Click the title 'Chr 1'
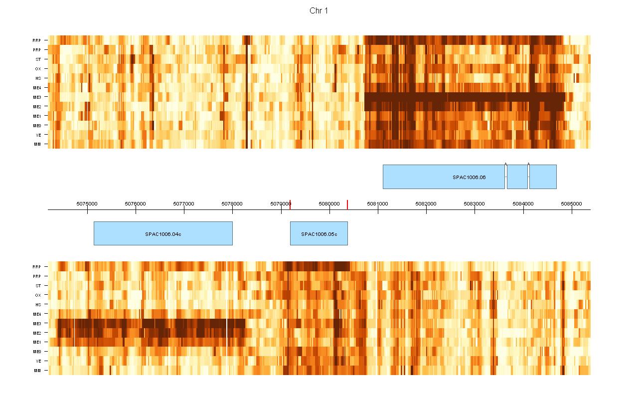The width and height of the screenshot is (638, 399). click(x=319, y=11)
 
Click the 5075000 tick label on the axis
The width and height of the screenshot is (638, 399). click(x=87, y=203)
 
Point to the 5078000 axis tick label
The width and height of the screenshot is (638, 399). click(x=232, y=203)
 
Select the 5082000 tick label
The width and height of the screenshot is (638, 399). click(x=426, y=203)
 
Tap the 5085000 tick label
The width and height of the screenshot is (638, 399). click(x=571, y=203)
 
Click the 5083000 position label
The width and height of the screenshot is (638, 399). click(x=475, y=203)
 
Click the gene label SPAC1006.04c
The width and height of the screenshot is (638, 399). click(x=163, y=234)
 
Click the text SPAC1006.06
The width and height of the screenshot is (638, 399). click(x=469, y=177)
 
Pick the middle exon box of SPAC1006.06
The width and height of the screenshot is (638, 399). click(x=517, y=177)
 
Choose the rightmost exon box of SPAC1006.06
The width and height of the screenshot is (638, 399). click(x=543, y=177)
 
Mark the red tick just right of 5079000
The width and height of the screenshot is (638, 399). click(x=290, y=204)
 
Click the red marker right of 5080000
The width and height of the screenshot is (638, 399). click(x=347, y=204)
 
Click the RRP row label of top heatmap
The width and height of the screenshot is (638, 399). click(x=37, y=40)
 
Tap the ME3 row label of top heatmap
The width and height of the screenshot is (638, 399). click(x=37, y=97)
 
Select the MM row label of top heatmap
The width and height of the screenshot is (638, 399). click(x=37, y=145)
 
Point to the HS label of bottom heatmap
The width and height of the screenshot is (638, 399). click(x=38, y=305)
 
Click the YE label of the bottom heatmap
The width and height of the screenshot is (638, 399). click(x=38, y=361)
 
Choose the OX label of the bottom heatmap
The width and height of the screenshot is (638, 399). click(x=38, y=295)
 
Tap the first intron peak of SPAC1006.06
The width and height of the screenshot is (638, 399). click(x=506, y=164)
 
